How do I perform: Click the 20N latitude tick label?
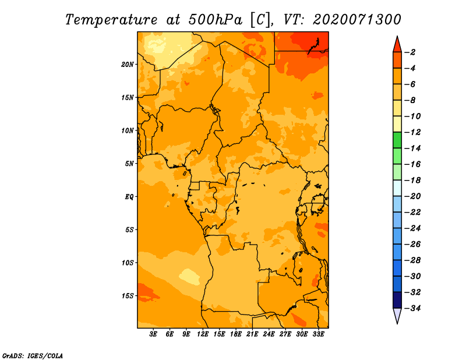coord(128,65)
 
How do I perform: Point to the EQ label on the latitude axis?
coord(129,197)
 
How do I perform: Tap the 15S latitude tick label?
coord(128,296)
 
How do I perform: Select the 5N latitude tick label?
coord(129,164)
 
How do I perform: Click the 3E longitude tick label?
coord(153,334)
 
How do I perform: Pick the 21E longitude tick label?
coord(252,334)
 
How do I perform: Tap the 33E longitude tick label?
coord(318,334)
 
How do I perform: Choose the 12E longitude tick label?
coord(203,334)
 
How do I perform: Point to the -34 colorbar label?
coord(412,308)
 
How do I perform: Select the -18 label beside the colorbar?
coord(412,181)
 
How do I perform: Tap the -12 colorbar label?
coord(412,132)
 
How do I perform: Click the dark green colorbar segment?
coord(397,140)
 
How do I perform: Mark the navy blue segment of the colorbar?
coord(397,300)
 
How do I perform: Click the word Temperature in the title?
coord(111,20)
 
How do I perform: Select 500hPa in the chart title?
coord(216,20)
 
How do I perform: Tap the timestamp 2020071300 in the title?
coord(357,20)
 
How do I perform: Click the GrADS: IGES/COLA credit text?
coord(33,356)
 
